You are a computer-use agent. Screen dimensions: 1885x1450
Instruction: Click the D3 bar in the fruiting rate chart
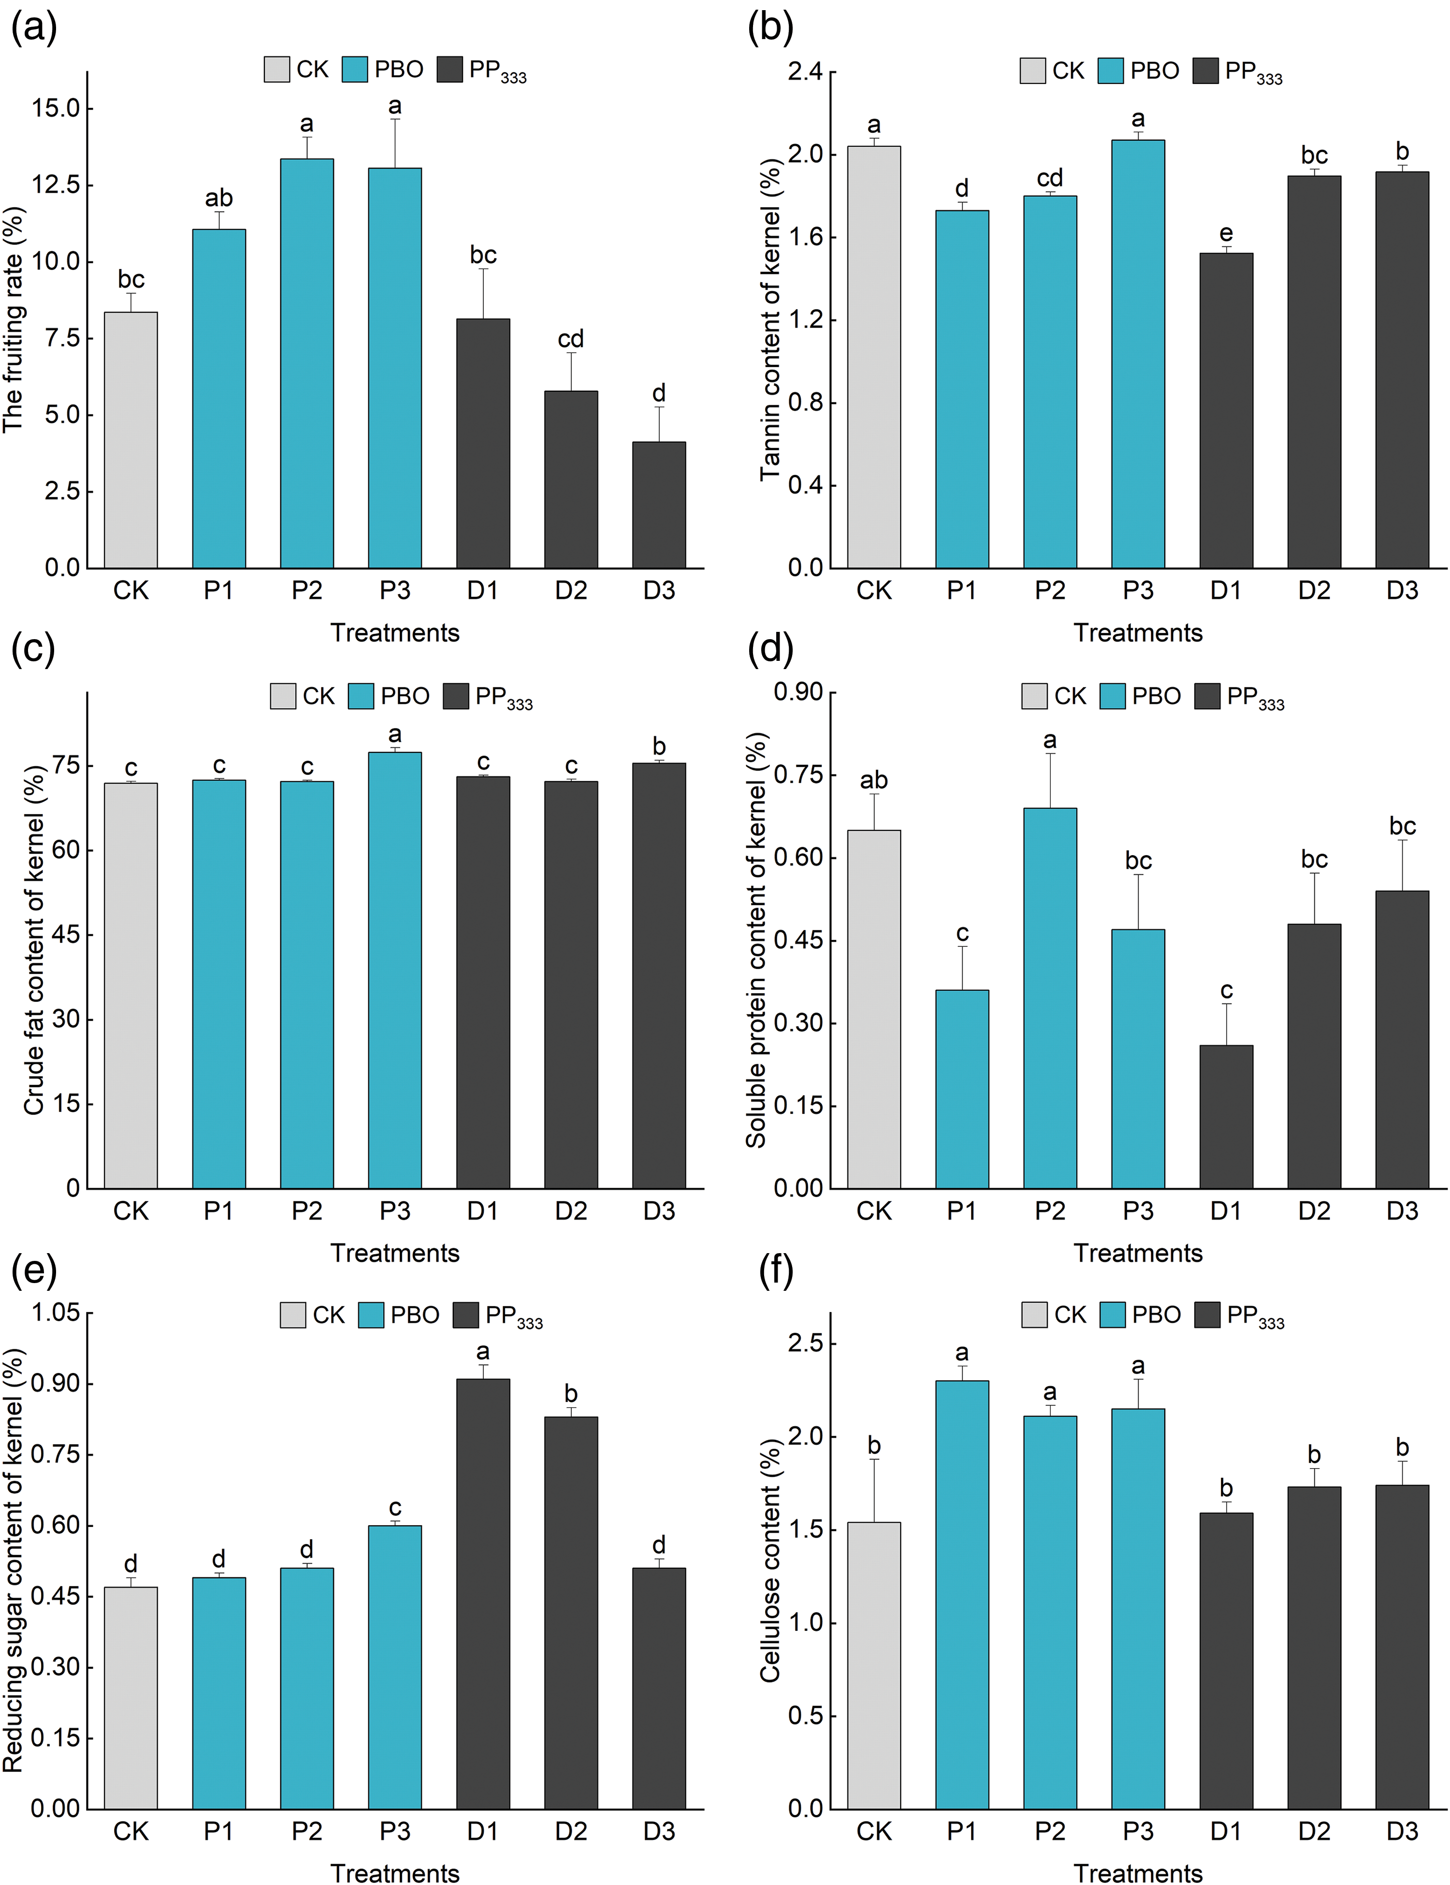(658, 505)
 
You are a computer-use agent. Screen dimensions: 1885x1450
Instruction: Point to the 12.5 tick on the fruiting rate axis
(55, 185)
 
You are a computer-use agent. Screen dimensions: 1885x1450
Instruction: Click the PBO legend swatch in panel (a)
(355, 69)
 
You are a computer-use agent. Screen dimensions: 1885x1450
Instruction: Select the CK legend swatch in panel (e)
(292, 1315)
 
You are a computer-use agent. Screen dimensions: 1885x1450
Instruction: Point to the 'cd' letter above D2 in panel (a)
(570, 338)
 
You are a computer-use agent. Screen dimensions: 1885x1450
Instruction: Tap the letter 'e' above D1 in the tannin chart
(1226, 234)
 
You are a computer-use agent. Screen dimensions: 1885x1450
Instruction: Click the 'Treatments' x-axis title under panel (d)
(1138, 1253)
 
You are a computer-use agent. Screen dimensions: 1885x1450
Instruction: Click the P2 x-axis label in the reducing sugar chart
(306, 1830)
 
